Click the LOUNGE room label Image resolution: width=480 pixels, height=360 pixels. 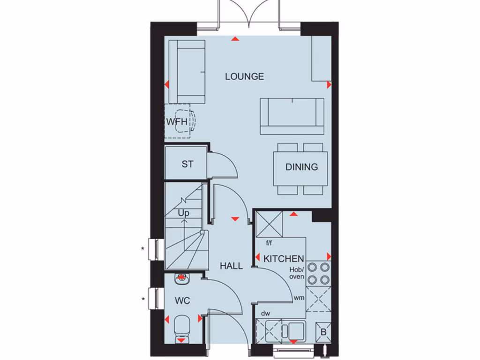(244, 76)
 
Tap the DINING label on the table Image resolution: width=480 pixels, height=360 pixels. (301, 167)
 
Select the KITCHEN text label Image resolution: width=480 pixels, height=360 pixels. (284, 259)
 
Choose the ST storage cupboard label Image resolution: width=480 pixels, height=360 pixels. (187, 165)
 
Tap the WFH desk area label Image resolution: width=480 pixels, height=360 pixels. (177, 122)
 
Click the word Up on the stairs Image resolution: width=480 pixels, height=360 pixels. (183, 213)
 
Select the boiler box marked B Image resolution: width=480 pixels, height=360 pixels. (323, 332)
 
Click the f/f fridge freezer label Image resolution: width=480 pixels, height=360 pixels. (269, 243)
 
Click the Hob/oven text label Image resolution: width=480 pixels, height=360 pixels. (296, 273)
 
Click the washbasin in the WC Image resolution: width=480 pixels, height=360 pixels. (181, 279)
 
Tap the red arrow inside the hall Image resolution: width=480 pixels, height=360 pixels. (235, 218)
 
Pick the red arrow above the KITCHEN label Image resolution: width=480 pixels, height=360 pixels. (293, 214)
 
